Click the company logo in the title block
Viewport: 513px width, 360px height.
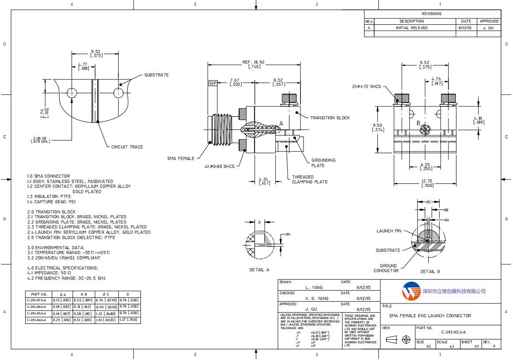coord(410,291)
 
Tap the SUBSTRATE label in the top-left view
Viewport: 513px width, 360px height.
coord(156,75)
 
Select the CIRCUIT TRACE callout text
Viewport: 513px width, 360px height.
coord(127,147)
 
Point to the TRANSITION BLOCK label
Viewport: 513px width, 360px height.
coord(330,118)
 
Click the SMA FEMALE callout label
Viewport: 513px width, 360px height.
coord(181,158)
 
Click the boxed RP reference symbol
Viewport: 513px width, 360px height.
coord(213,83)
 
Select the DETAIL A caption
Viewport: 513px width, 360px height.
coord(259,269)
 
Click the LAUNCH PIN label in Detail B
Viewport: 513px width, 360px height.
coord(389,231)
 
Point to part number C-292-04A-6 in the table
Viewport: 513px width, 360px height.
coord(38,319)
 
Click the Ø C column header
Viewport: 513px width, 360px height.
coord(106,294)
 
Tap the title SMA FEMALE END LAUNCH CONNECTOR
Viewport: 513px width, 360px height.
coord(430,316)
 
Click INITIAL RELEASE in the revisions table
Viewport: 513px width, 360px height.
coord(412,28)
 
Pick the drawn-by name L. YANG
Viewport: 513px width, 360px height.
coord(314,288)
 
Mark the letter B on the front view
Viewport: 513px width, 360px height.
coord(418,123)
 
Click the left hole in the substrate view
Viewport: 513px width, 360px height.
coord(72,93)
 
